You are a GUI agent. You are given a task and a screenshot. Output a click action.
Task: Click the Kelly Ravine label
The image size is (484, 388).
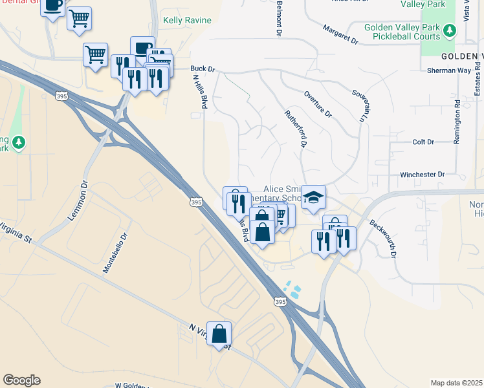(187, 21)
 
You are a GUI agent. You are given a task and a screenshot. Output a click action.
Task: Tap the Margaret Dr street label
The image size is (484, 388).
(342, 35)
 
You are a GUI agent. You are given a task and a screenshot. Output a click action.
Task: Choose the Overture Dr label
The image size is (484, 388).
(318, 104)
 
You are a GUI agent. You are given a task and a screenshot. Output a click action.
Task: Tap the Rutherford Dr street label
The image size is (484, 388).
(294, 128)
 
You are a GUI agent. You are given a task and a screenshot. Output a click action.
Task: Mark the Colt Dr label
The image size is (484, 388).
(423, 142)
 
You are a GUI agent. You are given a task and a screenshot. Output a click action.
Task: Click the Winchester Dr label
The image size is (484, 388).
(423, 175)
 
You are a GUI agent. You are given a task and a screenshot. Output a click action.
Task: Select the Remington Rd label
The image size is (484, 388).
(457, 121)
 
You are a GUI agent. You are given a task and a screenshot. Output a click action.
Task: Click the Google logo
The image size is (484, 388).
(21, 380)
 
